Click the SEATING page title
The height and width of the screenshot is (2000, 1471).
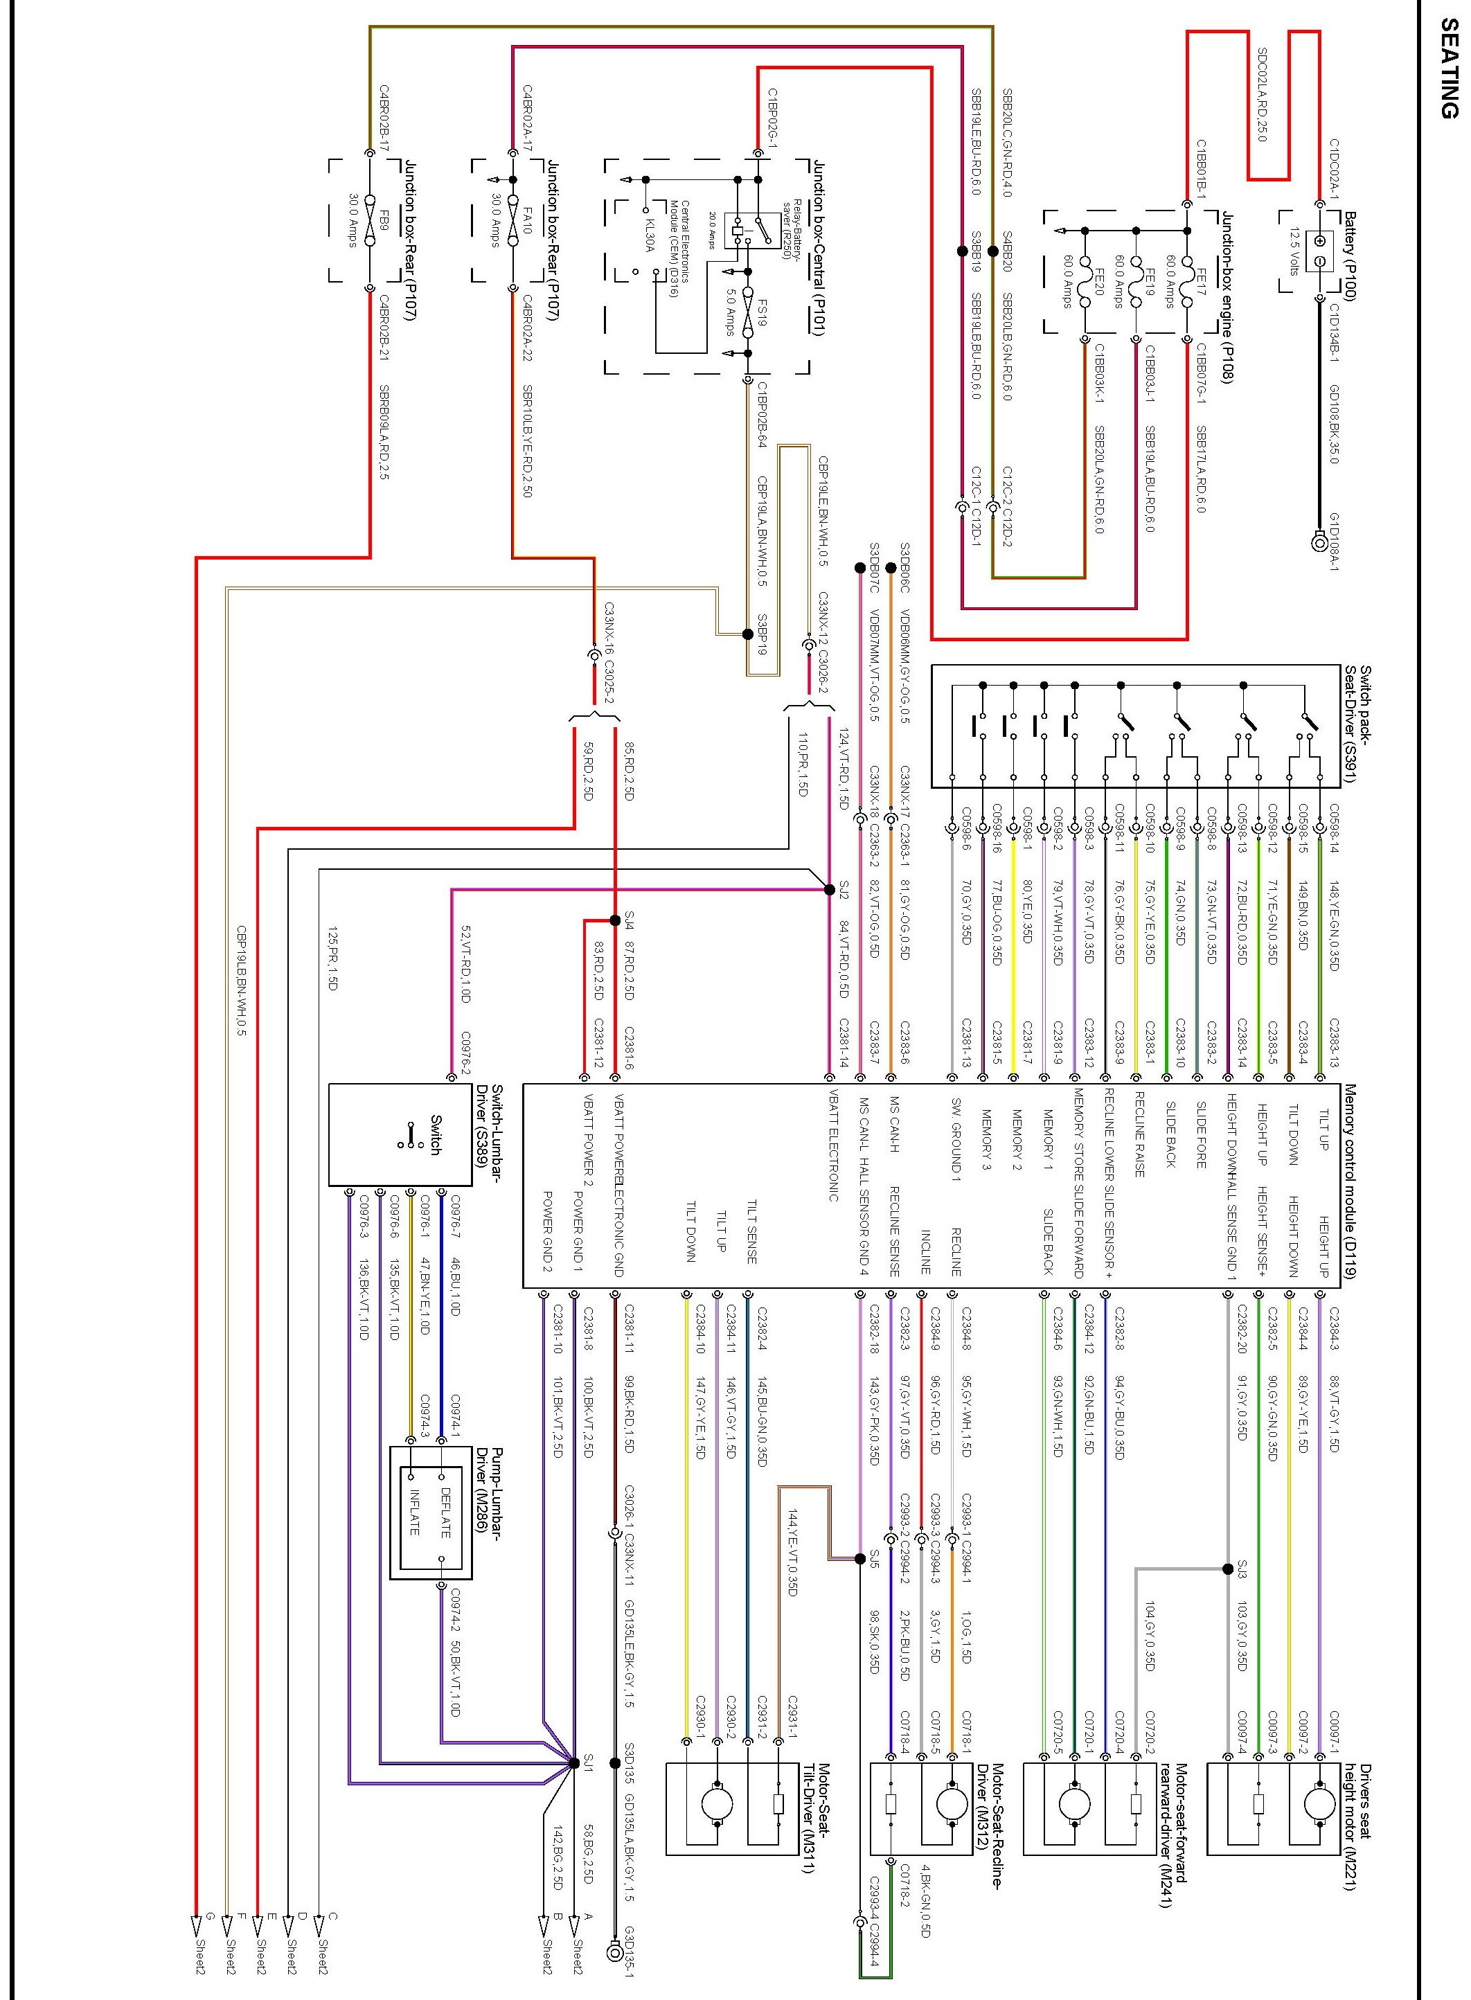[x=1449, y=69]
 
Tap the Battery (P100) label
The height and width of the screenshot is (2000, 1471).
[x=1349, y=256]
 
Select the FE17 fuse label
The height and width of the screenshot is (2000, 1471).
[x=1200, y=283]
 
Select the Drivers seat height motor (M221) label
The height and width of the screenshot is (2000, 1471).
[x=1357, y=1814]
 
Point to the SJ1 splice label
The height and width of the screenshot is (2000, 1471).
[x=588, y=1760]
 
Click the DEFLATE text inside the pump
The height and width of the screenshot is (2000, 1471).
[x=445, y=1512]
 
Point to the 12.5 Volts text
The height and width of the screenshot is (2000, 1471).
[x=1294, y=252]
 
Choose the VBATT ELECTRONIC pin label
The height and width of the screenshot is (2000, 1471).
[x=833, y=1145]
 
